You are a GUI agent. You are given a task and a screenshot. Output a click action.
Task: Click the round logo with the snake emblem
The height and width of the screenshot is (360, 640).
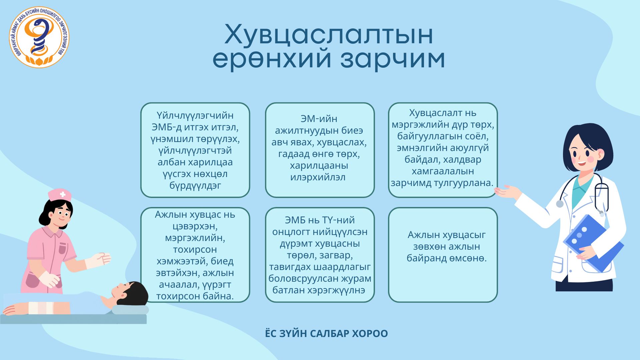pos(39,37)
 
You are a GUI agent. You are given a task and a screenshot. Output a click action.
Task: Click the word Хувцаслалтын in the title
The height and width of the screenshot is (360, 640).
pos(329,35)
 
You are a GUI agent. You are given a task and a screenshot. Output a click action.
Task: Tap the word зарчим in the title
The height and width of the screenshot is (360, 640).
pos(393,60)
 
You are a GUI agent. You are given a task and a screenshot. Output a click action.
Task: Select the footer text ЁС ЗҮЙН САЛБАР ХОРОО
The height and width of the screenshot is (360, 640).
pos(326,334)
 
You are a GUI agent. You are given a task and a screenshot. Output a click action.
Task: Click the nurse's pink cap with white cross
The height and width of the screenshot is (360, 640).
pos(60,195)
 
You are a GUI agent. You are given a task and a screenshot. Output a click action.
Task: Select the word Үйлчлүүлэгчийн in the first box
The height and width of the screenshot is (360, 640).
pos(195,115)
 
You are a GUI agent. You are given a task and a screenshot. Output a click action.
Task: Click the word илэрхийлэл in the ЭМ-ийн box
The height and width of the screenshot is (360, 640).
pos(318,177)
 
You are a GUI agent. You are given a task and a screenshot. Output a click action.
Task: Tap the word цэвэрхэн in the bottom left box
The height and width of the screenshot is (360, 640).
pos(195,226)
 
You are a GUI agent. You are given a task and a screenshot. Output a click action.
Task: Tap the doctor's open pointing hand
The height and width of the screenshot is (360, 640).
pos(507,192)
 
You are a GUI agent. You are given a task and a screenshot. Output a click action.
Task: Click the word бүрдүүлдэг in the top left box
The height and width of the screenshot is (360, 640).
pos(195,185)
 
